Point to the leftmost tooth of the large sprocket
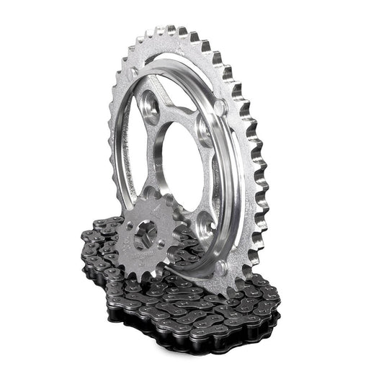tap(112, 137)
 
